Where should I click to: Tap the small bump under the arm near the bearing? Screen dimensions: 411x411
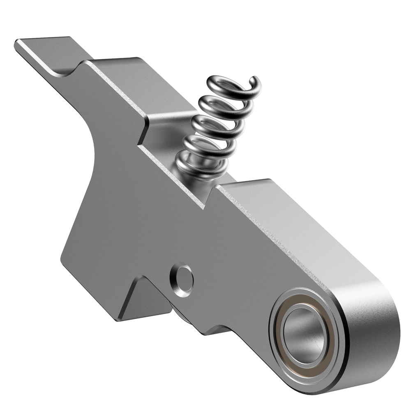[x=218, y=329]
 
